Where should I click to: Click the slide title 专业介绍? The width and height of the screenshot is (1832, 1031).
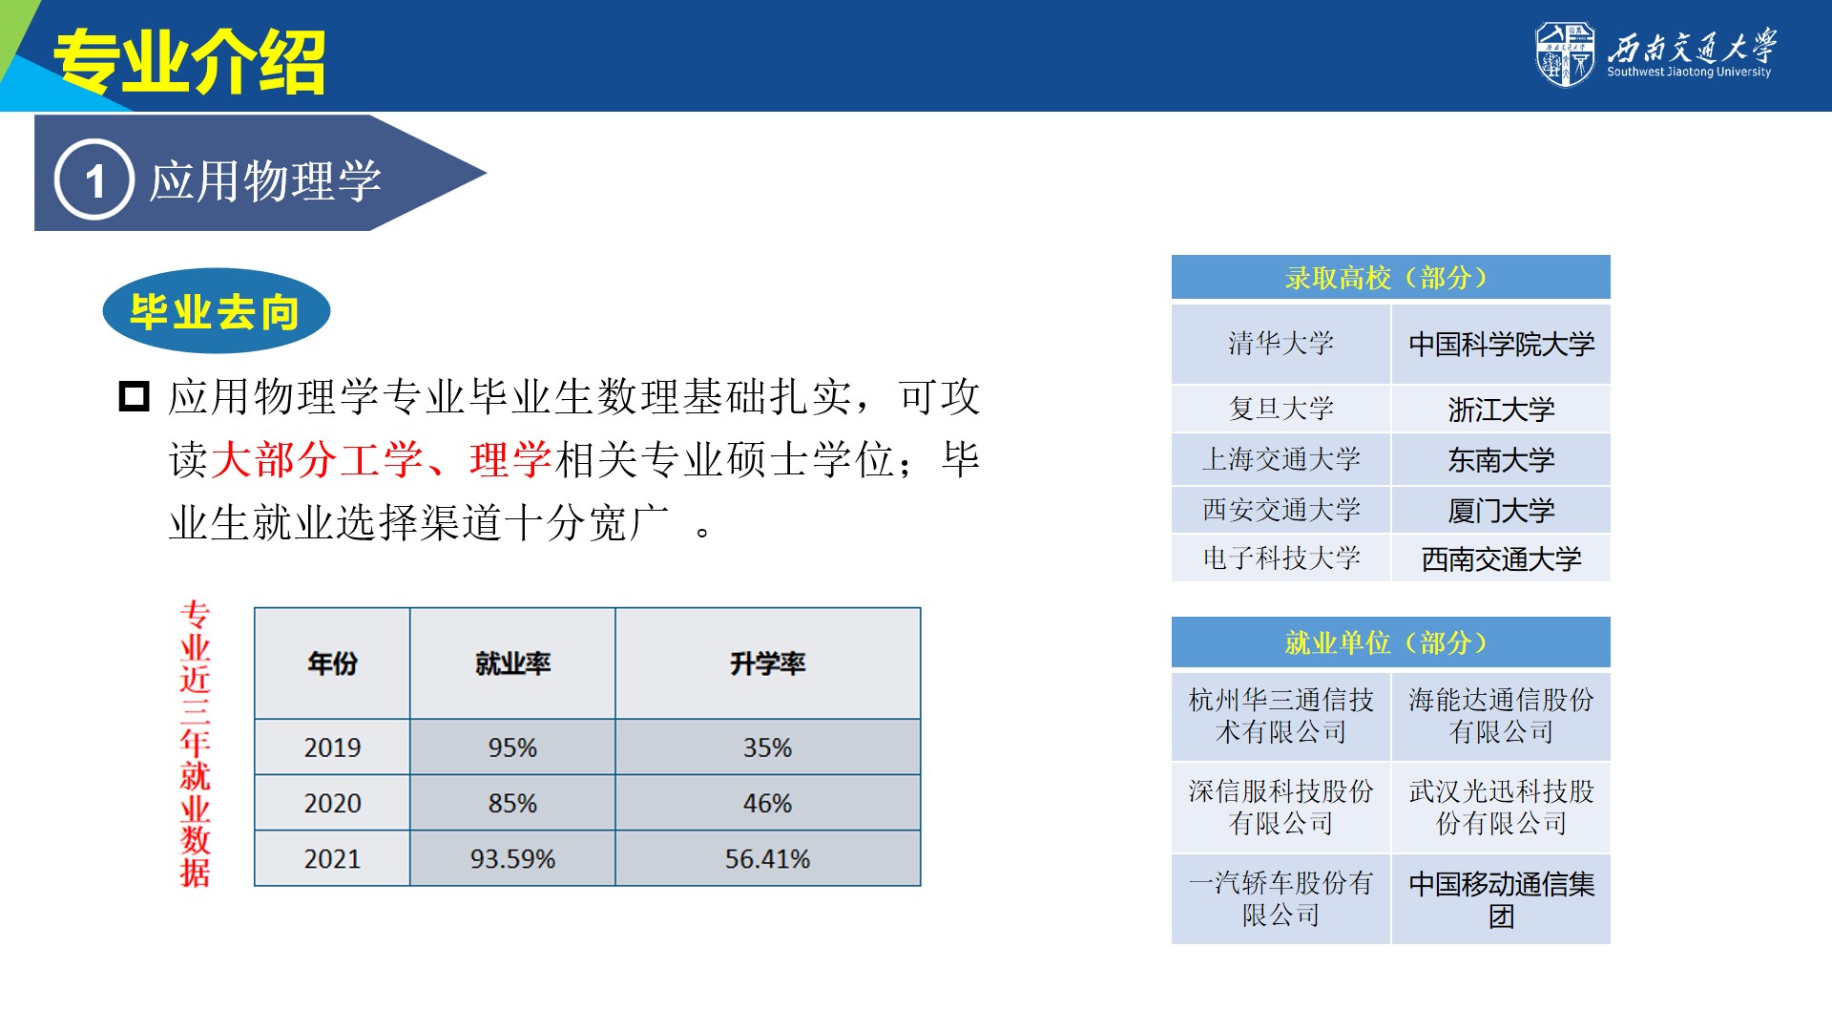click(189, 62)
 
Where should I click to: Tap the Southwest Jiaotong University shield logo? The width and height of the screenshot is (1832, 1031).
click(1565, 53)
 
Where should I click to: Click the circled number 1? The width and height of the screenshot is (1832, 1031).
click(94, 179)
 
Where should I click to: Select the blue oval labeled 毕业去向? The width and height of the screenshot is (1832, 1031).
click(217, 311)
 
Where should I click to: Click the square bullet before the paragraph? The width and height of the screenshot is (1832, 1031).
click(134, 396)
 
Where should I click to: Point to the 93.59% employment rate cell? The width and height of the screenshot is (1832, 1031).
click(512, 858)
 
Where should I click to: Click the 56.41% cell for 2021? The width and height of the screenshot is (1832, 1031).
click(768, 858)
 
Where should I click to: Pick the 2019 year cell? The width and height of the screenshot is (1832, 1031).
click(332, 747)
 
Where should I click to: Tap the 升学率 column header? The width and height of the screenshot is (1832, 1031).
click(768, 663)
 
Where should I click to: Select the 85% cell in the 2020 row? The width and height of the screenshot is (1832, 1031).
click(512, 803)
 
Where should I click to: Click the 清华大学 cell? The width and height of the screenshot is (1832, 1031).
click(1281, 344)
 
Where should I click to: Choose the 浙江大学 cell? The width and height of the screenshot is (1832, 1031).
click(1501, 410)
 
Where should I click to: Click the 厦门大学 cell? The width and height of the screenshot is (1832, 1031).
click(1501, 510)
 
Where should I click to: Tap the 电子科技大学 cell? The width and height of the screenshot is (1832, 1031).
click(1281, 558)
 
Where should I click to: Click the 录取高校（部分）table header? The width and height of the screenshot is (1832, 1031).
click(1391, 278)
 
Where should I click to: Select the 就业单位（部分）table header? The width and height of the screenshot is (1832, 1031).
click(1391, 642)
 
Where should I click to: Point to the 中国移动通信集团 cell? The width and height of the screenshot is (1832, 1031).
click(1501, 899)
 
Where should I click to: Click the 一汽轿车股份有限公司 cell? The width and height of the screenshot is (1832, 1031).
click(1281, 899)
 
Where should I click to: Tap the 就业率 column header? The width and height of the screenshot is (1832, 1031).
click(512, 663)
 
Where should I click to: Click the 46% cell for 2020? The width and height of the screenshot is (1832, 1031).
click(768, 803)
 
